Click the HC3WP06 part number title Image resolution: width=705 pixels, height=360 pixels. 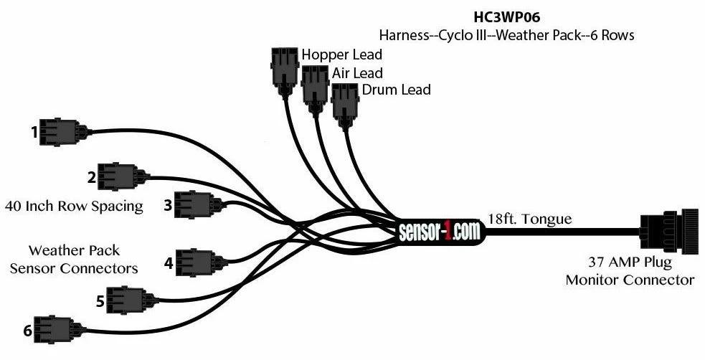pyautogui.click(x=506, y=16)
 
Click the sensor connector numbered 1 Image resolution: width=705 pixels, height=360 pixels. pyautogui.click(x=61, y=132)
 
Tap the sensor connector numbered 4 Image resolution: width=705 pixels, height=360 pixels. pyautogui.click(x=195, y=262)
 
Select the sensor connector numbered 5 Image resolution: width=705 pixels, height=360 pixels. pyautogui.click(x=128, y=300)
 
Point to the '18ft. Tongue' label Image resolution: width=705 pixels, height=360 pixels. pyautogui.click(x=530, y=218)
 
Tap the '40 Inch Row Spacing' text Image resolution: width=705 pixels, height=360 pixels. pyautogui.click(x=74, y=207)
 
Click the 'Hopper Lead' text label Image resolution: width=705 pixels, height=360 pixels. pyautogui.click(x=341, y=55)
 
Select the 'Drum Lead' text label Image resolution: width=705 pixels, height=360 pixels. pyautogui.click(x=396, y=90)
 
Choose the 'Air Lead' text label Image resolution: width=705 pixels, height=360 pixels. pyautogui.click(x=357, y=72)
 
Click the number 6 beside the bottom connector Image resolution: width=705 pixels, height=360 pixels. pyautogui.click(x=28, y=331)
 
